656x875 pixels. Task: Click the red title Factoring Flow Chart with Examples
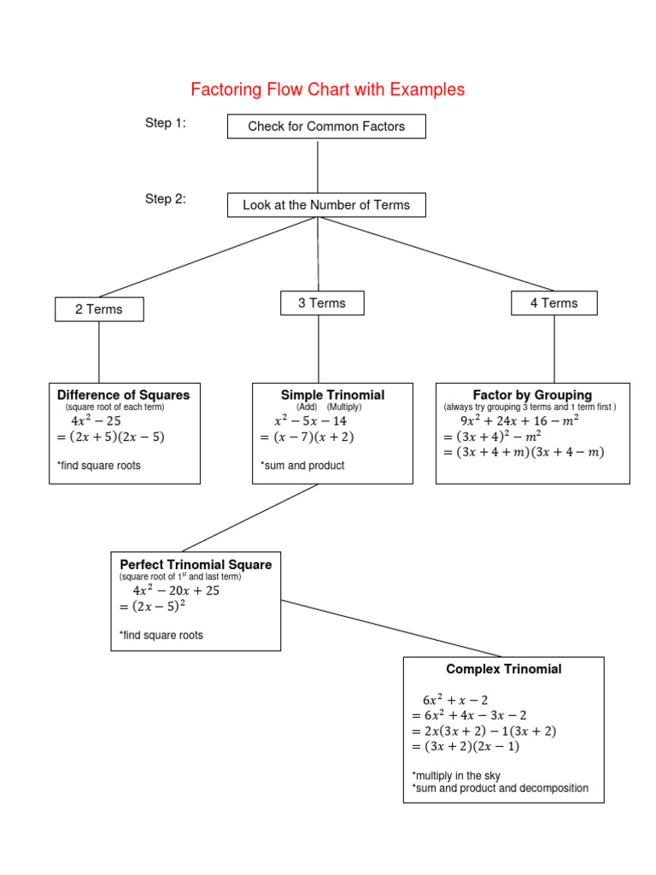[327, 90]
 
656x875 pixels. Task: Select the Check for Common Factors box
[326, 126]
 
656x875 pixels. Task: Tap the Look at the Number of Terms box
[326, 205]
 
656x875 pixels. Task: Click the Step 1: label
[166, 124]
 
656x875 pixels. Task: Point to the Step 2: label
[166, 200]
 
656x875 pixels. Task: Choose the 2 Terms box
[99, 309]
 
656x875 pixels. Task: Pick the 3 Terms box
[322, 303]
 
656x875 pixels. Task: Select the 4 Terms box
[553, 303]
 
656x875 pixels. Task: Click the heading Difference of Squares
[124, 395]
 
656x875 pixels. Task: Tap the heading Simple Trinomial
[332, 395]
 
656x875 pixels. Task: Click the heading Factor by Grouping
[532, 395]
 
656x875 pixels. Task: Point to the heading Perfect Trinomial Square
[196, 565]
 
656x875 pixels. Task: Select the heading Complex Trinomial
[503, 669]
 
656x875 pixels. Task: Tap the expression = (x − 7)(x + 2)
[307, 437]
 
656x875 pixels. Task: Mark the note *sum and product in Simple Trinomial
[302, 466]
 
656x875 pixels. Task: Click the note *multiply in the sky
[456, 775]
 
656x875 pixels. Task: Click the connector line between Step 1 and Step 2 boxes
[318, 166]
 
